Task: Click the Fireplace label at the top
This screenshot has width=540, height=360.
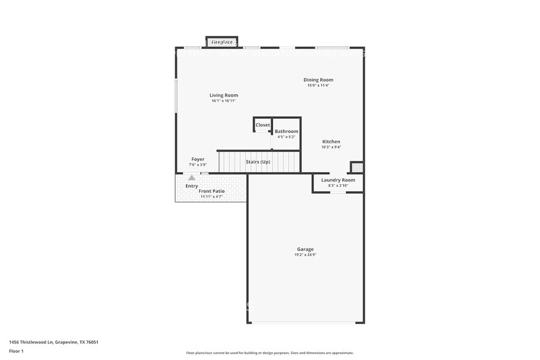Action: coord(222,42)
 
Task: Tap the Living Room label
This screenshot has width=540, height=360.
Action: coord(223,95)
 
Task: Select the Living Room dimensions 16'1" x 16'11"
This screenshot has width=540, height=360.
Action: coord(223,101)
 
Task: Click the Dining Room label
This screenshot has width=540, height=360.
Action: coord(318,80)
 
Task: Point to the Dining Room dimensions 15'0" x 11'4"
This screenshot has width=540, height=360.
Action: coord(318,86)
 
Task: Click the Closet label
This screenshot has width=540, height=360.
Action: coord(263,125)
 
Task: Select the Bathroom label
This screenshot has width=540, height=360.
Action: coord(287,132)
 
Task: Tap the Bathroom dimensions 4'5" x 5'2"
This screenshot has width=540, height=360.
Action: coord(287,137)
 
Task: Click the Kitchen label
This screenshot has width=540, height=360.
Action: coord(331,141)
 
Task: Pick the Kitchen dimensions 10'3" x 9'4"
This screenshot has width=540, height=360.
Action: coord(331,147)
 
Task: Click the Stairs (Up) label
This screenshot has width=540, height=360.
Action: coord(258,162)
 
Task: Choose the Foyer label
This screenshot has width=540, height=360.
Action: coord(198,159)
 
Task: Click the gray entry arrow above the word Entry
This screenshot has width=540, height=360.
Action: coord(192,178)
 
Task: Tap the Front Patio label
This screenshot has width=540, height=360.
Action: coord(212,191)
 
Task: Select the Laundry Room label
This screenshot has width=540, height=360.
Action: coord(338,180)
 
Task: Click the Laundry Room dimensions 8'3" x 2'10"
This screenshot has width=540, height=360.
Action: coord(338,186)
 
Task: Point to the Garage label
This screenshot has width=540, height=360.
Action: coord(306,249)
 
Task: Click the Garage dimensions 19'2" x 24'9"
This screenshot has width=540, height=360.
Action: coord(306,255)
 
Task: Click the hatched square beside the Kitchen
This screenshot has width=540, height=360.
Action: coord(357,167)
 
